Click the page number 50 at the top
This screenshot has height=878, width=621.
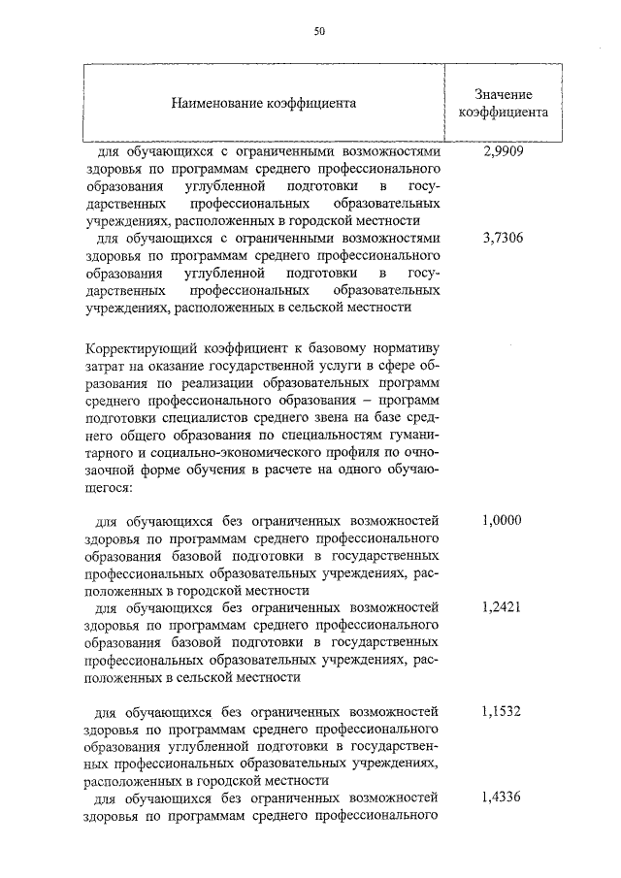[x=318, y=31]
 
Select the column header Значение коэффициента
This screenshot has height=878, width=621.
[x=503, y=102]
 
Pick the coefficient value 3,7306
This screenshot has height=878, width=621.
[x=503, y=238]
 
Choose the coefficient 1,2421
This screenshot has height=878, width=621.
[x=502, y=607]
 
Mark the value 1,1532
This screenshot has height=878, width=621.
[x=502, y=711]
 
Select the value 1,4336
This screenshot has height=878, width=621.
[x=502, y=798]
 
